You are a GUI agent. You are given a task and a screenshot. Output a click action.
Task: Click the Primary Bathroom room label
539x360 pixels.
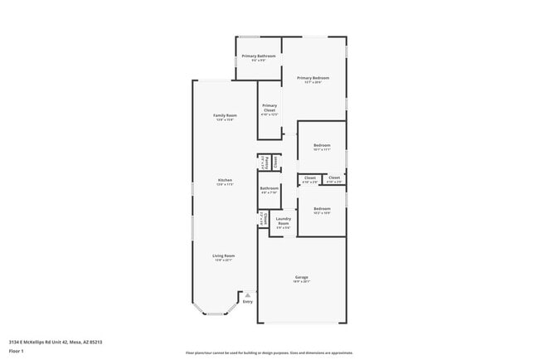pyautogui.click(x=259, y=56)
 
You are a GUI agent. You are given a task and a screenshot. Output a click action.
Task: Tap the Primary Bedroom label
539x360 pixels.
pyautogui.click(x=313, y=77)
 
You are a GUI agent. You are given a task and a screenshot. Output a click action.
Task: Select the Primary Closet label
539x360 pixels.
pyautogui.click(x=269, y=107)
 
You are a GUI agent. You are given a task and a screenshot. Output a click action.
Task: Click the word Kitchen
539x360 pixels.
pyautogui.click(x=224, y=180)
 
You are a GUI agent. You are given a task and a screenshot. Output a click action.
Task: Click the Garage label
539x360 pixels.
pyautogui.click(x=302, y=276)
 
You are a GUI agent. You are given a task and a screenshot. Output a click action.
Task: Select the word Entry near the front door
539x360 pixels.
pyautogui.click(x=247, y=302)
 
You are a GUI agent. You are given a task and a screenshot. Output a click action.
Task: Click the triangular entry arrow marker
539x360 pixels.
pyautogui.click(x=247, y=294)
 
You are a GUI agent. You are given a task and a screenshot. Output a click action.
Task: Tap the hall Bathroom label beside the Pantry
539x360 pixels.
pyautogui.click(x=269, y=188)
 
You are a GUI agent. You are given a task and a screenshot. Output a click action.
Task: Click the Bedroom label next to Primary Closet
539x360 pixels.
pyautogui.click(x=322, y=145)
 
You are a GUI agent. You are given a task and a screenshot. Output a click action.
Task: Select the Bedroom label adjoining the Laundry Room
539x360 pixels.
pyautogui.click(x=322, y=208)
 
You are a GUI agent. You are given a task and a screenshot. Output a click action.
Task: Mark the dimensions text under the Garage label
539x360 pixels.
pyautogui.click(x=302, y=282)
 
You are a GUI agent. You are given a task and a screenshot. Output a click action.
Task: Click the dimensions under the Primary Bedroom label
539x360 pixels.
pyautogui.click(x=313, y=82)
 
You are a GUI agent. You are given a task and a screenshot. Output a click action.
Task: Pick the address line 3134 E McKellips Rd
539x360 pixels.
pyautogui.click(x=56, y=340)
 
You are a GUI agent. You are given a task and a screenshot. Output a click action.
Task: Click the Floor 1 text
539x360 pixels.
pyautogui.click(x=16, y=351)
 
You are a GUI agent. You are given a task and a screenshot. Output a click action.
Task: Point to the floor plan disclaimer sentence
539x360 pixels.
pyautogui.click(x=269, y=353)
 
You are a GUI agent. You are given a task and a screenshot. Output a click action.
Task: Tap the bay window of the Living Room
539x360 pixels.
pyautogui.click(x=215, y=313)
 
